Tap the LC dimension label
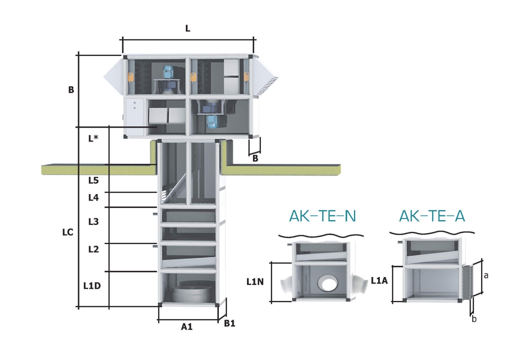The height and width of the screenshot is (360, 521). tap(67, 232)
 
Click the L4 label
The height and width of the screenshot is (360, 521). tap(93, 198)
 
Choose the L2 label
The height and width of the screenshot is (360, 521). tap(93, 249)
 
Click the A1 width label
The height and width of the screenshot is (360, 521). tap(187, 327)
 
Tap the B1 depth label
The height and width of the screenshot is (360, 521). tap(230, 324)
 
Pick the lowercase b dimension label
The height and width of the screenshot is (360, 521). tap(474, 319)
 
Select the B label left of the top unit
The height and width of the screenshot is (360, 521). tap(71, 90)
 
